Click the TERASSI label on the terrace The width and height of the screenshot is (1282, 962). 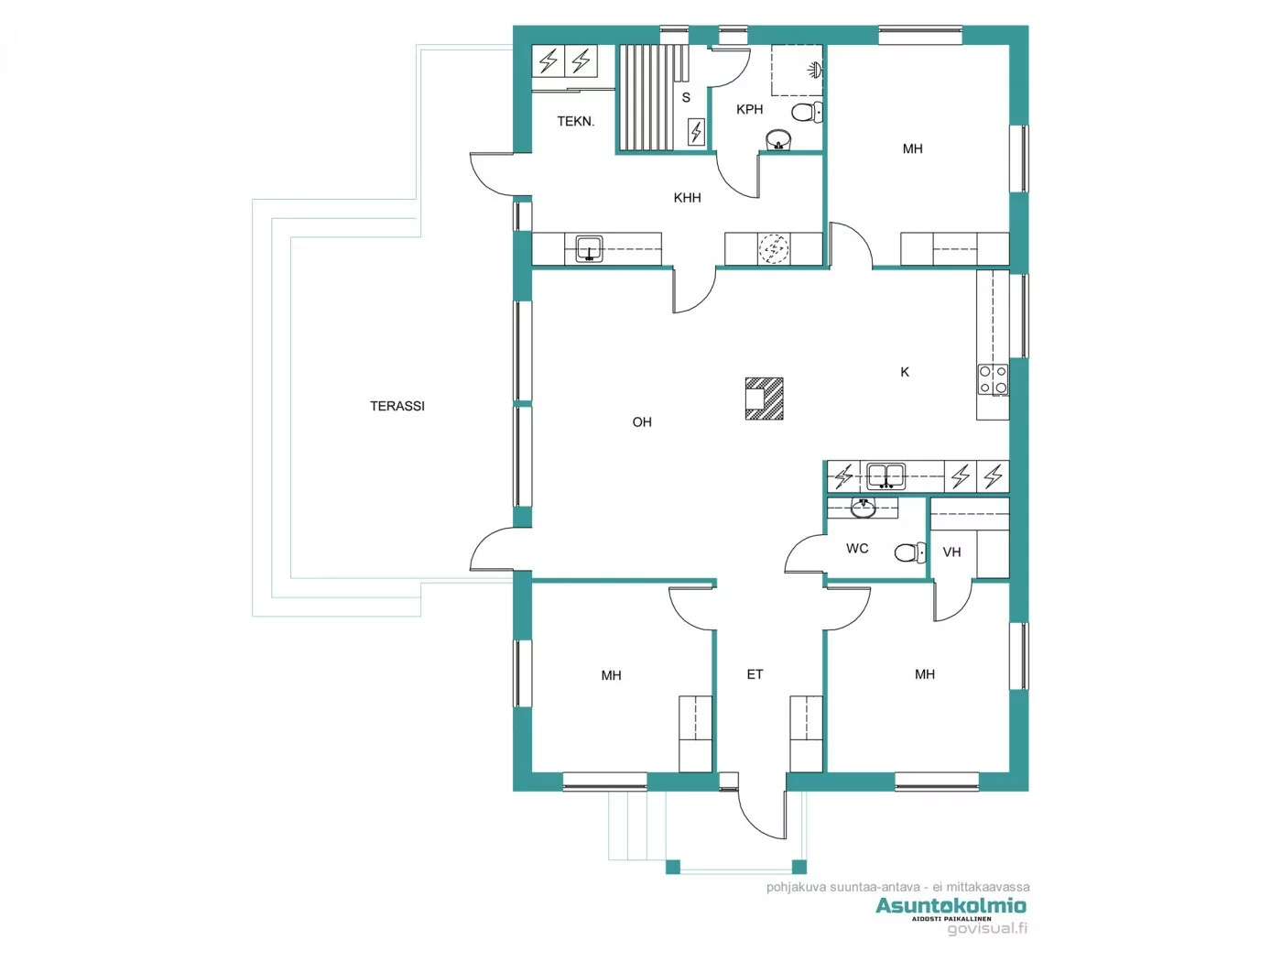(x=397, y=406)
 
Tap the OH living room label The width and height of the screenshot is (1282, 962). (x=642, y=422)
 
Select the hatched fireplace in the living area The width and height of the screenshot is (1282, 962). (x=764, y=399)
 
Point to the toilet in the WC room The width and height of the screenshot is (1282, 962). (x=911, y=552)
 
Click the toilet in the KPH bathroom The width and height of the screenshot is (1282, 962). (x=807, y=113)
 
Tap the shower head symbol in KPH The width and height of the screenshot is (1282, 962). (x=814, y=69)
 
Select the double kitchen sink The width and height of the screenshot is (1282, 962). (x=885, y=476)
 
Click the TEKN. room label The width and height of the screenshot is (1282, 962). (x=575, y=121)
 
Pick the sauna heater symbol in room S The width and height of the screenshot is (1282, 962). (x=696, y=133)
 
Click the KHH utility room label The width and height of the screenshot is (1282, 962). (x=687, y=198)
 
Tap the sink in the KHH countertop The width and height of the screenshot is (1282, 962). (x=589, y=247)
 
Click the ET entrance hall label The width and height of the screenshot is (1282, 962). (x=755, y=674)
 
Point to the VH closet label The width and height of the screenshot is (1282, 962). (x=951, y=552)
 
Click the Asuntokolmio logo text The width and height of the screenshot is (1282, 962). (x=951, y=906)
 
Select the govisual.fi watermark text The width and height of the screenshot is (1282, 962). (x=986, y=929)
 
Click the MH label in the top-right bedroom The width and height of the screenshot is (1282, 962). (x=912, y=149)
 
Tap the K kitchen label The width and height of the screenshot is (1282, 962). (x=905, y=372)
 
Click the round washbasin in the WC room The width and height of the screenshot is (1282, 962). (x=863, y=508)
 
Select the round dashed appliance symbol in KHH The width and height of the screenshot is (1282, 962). (x=775, y=247)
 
